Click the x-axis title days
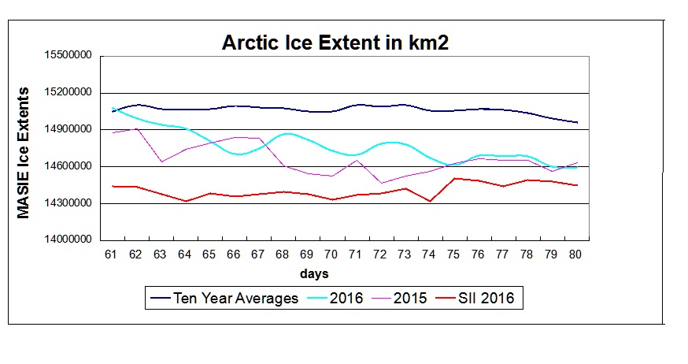point(313,274)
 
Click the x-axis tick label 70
point(331,255)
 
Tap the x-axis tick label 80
point(574,255)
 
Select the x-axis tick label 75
point(453,255)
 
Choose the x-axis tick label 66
point(234,255)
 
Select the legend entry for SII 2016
point(488,298)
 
